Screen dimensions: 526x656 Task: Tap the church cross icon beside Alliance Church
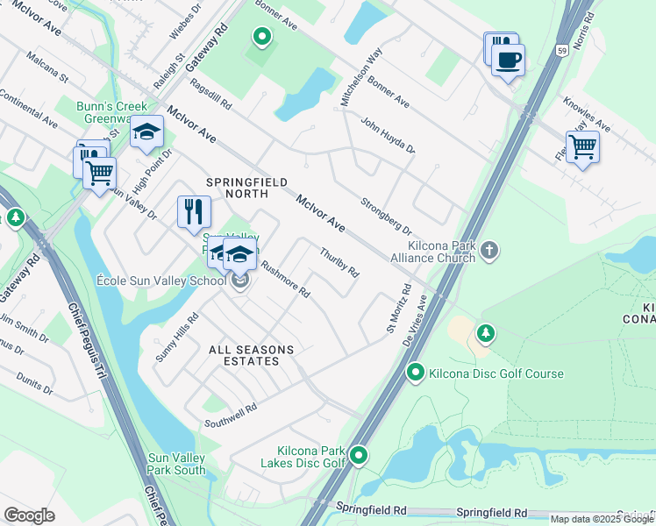(489, 252)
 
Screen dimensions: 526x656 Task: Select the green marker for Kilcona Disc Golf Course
(416, 373)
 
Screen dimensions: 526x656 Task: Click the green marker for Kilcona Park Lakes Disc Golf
(359, 455)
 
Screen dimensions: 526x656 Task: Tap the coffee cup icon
(508, 60)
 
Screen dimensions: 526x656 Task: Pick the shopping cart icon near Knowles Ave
(582, 147)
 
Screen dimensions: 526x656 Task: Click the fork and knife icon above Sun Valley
(194, 212)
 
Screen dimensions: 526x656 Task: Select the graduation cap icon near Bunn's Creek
(147, 132)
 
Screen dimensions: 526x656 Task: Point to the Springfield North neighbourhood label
(246, 188)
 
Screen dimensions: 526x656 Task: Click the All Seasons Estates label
(251, 355)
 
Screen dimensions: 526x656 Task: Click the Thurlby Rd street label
(339, 263)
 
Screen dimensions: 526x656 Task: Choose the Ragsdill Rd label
(210, 94)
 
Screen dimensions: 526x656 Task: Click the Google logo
(29, 515)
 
